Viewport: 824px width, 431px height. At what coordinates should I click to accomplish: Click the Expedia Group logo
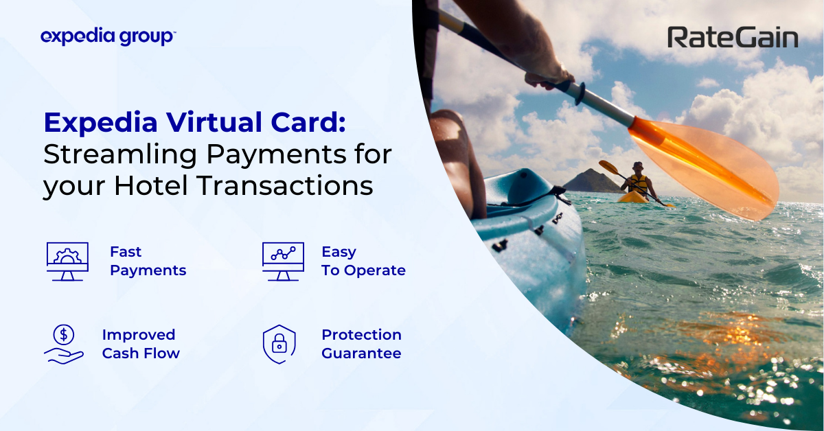click(108, 36)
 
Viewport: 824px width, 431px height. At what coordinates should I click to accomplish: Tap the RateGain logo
click(733, 38)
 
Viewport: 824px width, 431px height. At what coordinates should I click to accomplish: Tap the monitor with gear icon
click(67, 261)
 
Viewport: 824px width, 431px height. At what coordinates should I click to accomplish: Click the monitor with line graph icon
click(283, 261)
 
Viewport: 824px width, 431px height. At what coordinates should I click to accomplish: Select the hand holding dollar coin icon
click(64, 344)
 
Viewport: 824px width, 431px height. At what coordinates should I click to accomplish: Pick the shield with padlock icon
click(279, 344)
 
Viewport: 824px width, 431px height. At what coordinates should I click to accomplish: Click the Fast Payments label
click(148, 261)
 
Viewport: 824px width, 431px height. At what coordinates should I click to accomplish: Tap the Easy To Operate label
click(363, 261)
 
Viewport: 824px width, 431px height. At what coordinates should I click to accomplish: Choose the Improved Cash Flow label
click(141, 344)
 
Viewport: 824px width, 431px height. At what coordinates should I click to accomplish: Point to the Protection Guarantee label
click(361, 344)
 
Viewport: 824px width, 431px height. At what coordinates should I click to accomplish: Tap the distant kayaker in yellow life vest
click(638, 180)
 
